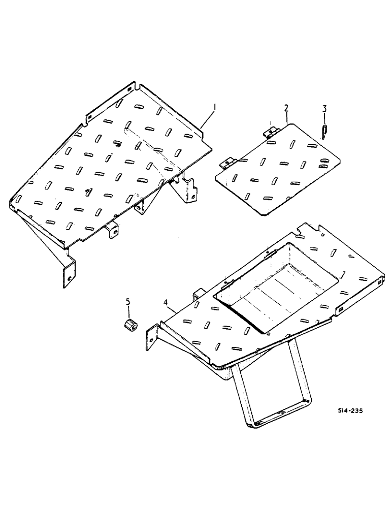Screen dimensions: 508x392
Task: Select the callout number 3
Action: point(324,108)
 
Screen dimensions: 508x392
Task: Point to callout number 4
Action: point(166,303)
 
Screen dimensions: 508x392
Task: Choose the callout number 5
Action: point(128,303)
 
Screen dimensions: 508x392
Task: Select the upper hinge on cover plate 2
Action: point(272,131)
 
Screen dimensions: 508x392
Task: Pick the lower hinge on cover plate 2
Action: point(227,163)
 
